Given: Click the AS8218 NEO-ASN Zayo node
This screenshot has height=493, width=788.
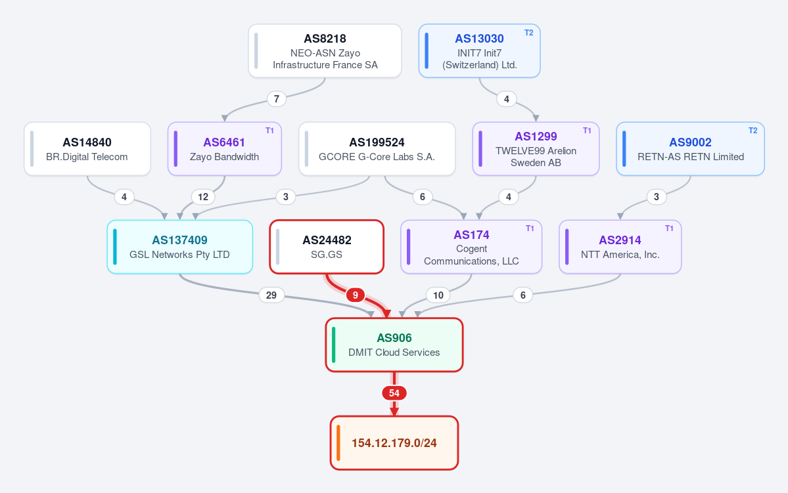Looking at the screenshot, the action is point(325,51).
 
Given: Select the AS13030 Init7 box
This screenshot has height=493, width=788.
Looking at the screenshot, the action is point(479,51).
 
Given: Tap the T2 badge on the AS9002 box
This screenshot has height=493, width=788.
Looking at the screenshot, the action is point(753,131).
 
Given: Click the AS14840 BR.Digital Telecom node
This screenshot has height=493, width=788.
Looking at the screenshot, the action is point(87,149).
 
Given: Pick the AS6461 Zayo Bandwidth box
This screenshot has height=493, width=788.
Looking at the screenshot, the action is point(224,149).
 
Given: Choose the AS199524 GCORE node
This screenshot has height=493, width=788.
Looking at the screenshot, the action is point(377,149).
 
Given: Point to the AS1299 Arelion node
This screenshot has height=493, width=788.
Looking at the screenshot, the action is point(536,149).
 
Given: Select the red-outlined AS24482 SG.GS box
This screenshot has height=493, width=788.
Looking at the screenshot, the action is point(327,247).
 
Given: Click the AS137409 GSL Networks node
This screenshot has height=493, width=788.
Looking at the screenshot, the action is point(179,247).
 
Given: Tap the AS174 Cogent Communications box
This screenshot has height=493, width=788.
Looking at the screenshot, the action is point(471,247).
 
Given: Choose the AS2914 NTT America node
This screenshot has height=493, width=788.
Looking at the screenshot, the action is point(620,247).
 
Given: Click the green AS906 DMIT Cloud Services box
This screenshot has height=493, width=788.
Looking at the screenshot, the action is point(394,345).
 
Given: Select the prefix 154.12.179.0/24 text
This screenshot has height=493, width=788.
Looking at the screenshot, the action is point(394,443).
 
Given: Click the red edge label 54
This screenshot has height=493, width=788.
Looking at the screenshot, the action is point(394,393).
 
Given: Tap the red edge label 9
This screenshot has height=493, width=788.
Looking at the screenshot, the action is point(356,295).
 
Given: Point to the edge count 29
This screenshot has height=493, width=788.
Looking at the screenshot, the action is point(271,295).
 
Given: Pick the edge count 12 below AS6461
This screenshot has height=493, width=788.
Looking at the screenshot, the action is point(203,197).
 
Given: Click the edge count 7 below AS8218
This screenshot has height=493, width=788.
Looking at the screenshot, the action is point(277,99).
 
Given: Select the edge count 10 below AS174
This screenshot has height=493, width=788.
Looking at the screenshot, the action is point(438,295).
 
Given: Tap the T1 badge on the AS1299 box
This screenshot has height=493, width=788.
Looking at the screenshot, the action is point(586,131).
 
